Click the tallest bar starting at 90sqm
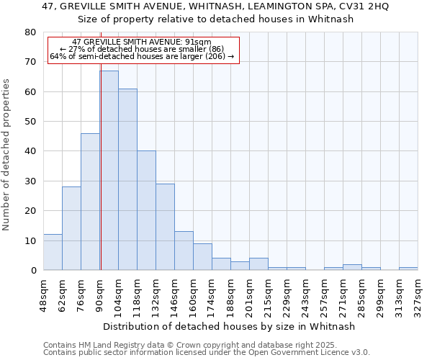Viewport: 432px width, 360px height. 109,171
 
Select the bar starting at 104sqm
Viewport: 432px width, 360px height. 127,179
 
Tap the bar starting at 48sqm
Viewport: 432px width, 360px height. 53,252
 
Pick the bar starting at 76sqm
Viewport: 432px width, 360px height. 90,202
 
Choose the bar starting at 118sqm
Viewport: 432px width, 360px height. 146,210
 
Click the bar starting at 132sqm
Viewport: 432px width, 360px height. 165,227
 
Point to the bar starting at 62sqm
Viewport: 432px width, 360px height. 71,228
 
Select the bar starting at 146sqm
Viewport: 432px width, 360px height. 184,251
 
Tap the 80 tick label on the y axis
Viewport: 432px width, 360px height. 30,32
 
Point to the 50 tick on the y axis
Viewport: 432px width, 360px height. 30,122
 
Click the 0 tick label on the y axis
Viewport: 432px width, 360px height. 32,271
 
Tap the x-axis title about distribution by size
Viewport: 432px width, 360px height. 230,326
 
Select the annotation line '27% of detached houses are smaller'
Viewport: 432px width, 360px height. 142,49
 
